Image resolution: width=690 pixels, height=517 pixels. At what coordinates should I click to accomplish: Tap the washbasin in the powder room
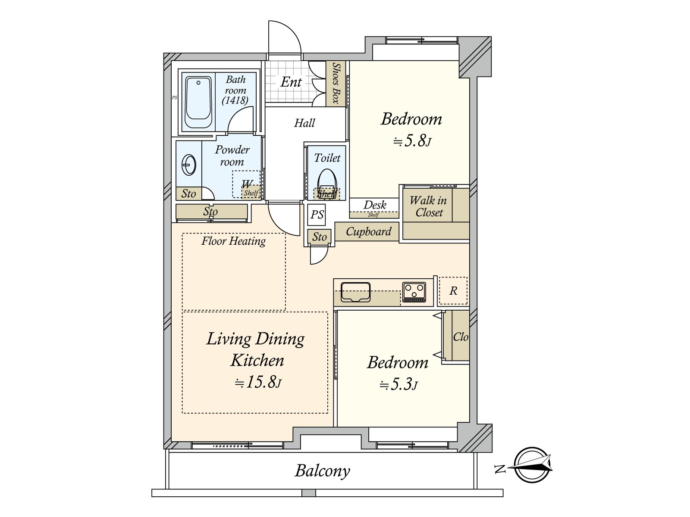click(188, 165)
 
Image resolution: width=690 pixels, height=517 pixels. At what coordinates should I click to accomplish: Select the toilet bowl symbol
click(327, 183)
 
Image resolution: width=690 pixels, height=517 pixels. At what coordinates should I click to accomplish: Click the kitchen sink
click(355, 292)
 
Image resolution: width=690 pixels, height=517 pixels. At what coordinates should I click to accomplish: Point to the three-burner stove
click(414, 292)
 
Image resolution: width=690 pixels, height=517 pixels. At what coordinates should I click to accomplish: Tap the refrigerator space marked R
click(453, 291)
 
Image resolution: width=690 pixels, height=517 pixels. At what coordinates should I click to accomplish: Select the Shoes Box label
click(336, 83)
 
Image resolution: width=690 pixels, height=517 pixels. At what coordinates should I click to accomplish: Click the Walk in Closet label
click(428, 206)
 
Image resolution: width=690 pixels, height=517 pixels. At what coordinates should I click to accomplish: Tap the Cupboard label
click(368, 232)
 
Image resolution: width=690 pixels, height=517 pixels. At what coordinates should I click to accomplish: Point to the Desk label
click(375, 205)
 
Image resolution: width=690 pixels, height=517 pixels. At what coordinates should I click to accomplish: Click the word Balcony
click(322, 471)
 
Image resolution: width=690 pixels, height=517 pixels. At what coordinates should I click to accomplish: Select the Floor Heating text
click(234, 241)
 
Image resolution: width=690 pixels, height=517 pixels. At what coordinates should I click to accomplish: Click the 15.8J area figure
click(258, 382)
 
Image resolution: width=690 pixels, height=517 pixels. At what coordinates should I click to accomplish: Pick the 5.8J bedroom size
click(412, 140)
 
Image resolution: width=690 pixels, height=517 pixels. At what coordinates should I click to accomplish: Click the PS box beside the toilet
click(317, 215)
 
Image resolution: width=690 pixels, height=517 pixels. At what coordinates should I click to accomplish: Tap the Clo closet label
click(461, 337)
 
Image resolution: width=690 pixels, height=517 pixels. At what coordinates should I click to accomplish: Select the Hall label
click(304, 123)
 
